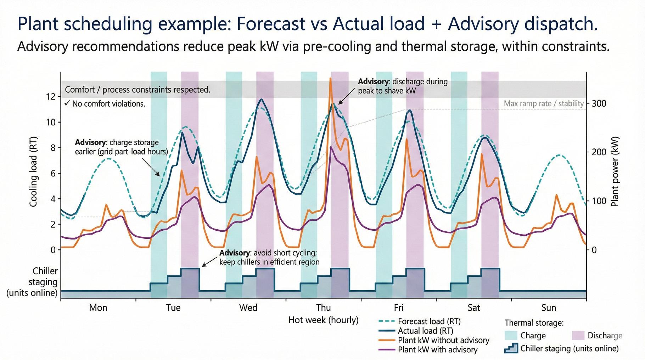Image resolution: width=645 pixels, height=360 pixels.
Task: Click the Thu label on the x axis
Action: pyautogui.click(x=323, y=308)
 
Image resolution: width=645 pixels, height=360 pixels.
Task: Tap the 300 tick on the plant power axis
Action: pyautogui.click(x=599, y=103)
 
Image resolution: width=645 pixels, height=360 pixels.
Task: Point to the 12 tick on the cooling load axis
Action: pyautogui.click(x=51, y=97)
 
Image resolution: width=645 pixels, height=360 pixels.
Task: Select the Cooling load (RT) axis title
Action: pyautogui.click(x=33, y=172)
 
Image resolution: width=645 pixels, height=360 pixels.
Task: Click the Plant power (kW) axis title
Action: pyautogui.click(x=615, y=172)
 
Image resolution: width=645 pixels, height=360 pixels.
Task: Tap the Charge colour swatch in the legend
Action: pyautogui.click(x=510, y=336)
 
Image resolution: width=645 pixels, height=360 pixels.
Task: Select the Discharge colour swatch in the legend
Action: pyautogui.click(x=578, y=336)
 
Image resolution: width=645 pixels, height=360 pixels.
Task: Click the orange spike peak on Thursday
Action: pyautogui.click(x=331, y=79)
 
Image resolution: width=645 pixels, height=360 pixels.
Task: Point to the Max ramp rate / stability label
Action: pyautogui.click(x=544, y=103)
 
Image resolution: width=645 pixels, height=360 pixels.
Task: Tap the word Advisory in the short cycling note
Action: pyautogui.click(x=235, y=253)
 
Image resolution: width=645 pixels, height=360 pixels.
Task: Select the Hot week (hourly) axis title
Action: pyautogui.click(x=323, y=320)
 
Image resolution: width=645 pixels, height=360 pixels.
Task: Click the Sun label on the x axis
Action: pyautogui.click(x=549, y=308)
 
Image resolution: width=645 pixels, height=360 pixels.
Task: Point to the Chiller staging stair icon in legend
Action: pyautogui.click(x=511, y=348)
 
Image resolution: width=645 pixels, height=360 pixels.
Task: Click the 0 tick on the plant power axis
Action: pyautogui.click(x=594, y=250)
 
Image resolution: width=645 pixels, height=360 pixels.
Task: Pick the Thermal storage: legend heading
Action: pyautogui.click(x=534, y=323)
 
